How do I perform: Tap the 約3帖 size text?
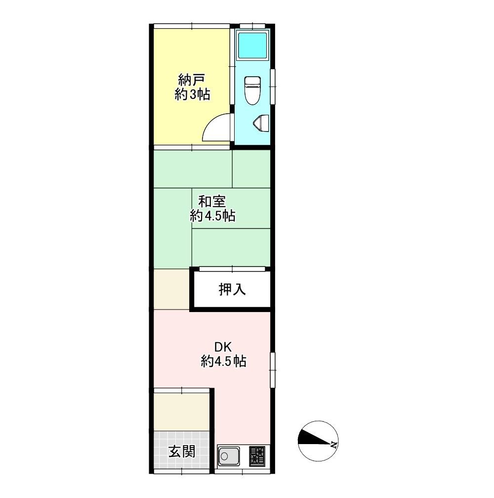click(x=192, y=94)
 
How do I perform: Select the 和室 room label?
click(x=212, y=201)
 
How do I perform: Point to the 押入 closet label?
click(x=232, y=289)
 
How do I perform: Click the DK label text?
click(x=223, y=347)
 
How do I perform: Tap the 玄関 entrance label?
click(x=182, y=452)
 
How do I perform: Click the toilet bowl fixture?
click(x=252, y=90)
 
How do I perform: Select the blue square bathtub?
click(x=252, y=45)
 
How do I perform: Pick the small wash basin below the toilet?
click(x=261, y=123)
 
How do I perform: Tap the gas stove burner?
click(x=257, y=456)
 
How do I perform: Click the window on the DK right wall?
click(x=273, y=370)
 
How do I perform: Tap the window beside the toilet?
click(x=273, y=86)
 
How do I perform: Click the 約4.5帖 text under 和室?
click(x=212, y=216)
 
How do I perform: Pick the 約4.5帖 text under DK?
click(x=224, y=362)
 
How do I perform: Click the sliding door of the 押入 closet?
click(x=232, y=269)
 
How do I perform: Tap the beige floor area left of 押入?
click(x=171, y=289)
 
